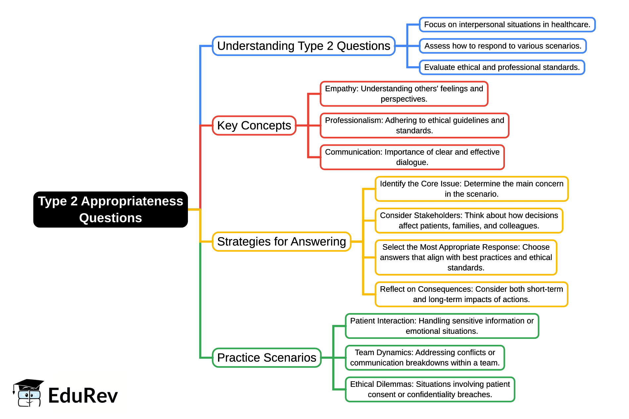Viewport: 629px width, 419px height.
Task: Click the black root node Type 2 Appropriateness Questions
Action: [111, 209]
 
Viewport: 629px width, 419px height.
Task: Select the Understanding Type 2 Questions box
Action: [303, 46]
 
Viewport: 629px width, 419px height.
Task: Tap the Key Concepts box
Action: [254, 126]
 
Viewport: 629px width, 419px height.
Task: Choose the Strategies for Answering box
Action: [281, 242]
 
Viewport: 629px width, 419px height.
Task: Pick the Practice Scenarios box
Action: [266, 358]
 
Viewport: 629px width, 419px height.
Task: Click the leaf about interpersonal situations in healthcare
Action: [507, 25]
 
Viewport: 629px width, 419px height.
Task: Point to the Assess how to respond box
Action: [503, 46]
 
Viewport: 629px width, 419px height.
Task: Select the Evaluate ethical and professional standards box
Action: [502, 67]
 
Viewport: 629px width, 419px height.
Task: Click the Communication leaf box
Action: [412, 157]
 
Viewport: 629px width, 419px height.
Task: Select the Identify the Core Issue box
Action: [472, 189]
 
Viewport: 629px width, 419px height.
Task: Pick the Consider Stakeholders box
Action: [469, 221]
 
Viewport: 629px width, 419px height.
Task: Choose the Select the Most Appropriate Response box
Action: [466, 257]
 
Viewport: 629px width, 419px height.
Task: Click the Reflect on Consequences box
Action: [471, 294]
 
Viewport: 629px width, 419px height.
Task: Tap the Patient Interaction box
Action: [442, 326]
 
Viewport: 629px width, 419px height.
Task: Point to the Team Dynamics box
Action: [425, 358]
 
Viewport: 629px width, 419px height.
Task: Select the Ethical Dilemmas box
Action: [430, 390]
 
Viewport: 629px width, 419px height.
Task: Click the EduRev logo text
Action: [83, 396]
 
